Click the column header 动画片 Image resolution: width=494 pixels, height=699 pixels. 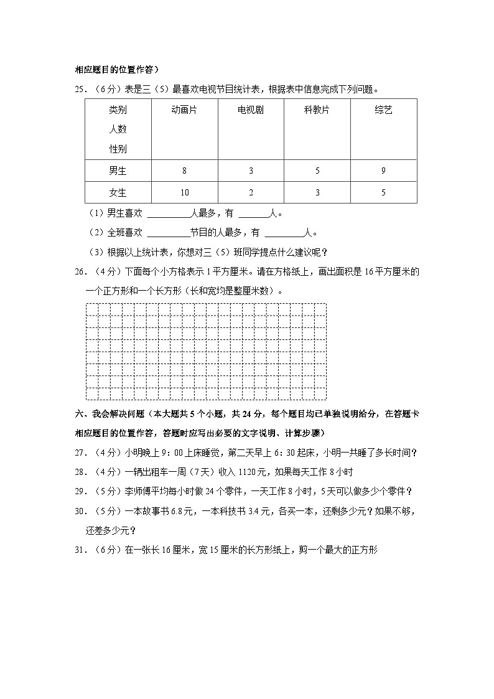[x=184, y=110]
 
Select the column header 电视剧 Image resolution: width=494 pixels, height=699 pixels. [x=251, y=110]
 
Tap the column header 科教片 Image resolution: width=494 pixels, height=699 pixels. [x=317, y=110]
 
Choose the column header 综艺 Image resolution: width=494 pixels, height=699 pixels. [x=383, y=110]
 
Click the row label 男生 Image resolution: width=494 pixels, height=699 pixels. [x=118, y=171]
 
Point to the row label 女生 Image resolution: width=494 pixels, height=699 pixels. [x=118, y=192]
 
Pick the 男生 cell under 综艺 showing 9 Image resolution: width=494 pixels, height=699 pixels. [x=383, y=171]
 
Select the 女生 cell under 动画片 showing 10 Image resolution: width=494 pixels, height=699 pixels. [x=184, y=192]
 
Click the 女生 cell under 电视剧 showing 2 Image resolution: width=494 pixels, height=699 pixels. [x=251, y=192]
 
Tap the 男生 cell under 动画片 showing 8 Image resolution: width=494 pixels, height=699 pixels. [x=184, y=171]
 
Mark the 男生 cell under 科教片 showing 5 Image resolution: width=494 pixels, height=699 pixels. [x=317, y=171]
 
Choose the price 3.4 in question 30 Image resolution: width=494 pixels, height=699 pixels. [x=238, y=511]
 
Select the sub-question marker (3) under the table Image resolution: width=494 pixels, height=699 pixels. [x=97, y=252]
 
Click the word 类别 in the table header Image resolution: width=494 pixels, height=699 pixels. [x=118, y=110]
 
